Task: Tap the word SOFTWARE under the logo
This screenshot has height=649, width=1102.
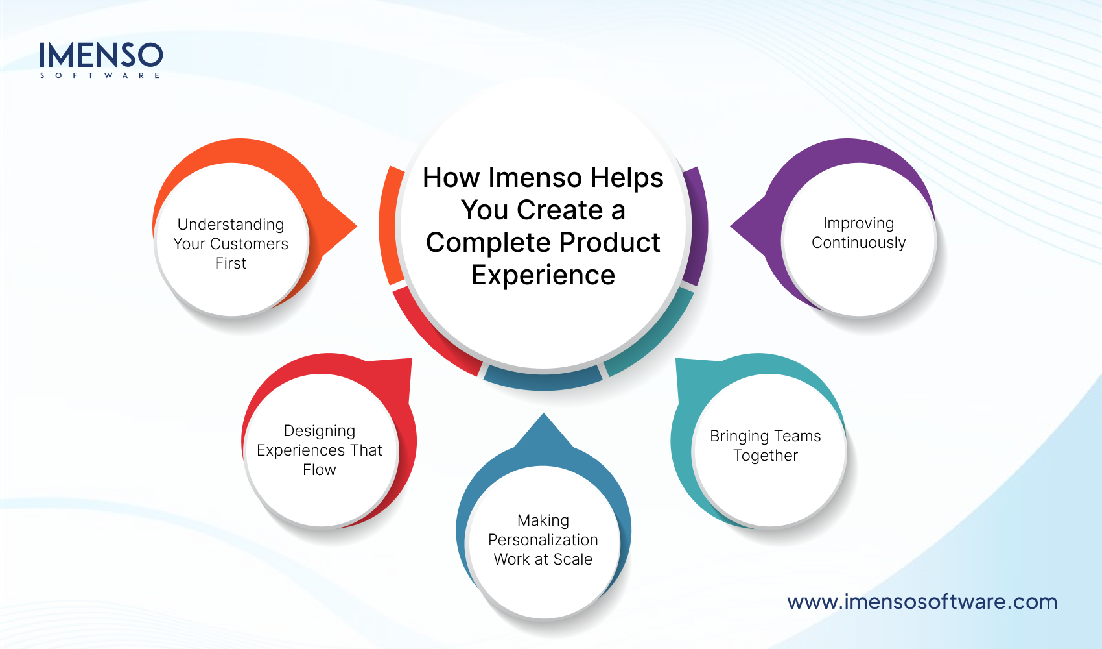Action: (x=100, y=75)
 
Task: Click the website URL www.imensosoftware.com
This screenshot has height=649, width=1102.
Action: (x=922, y=602)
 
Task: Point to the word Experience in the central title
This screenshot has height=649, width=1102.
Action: (x=543, y=275)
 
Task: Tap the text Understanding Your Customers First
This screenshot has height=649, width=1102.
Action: (x=231, y=243)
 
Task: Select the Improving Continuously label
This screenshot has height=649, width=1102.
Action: (x=858, y=233)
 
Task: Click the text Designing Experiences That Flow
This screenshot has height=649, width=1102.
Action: (x=319, y=450)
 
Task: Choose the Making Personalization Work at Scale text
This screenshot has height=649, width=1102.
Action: (x=543, y=539)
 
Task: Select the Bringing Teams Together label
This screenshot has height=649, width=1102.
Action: (x=765, y=445)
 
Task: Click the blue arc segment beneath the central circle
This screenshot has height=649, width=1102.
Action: (x=543, y=379)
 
